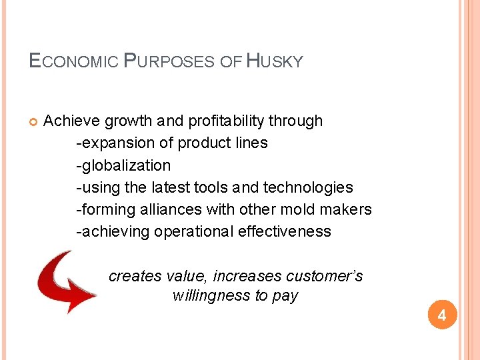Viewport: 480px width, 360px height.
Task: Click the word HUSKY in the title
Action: pyautogui.click(x=275, y=62)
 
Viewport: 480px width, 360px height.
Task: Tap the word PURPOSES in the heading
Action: pyautogui.click(x=170, y=62)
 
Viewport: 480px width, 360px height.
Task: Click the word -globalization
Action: pyautogui.click(x=124, y=165)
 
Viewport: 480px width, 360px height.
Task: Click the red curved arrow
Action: pyautogui.click(x=65, y=281)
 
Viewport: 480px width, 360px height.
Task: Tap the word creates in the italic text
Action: pyautogui.click(x=131, y=275)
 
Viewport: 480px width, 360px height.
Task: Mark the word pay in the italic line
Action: pyautogui.click(x=285, y=295)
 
